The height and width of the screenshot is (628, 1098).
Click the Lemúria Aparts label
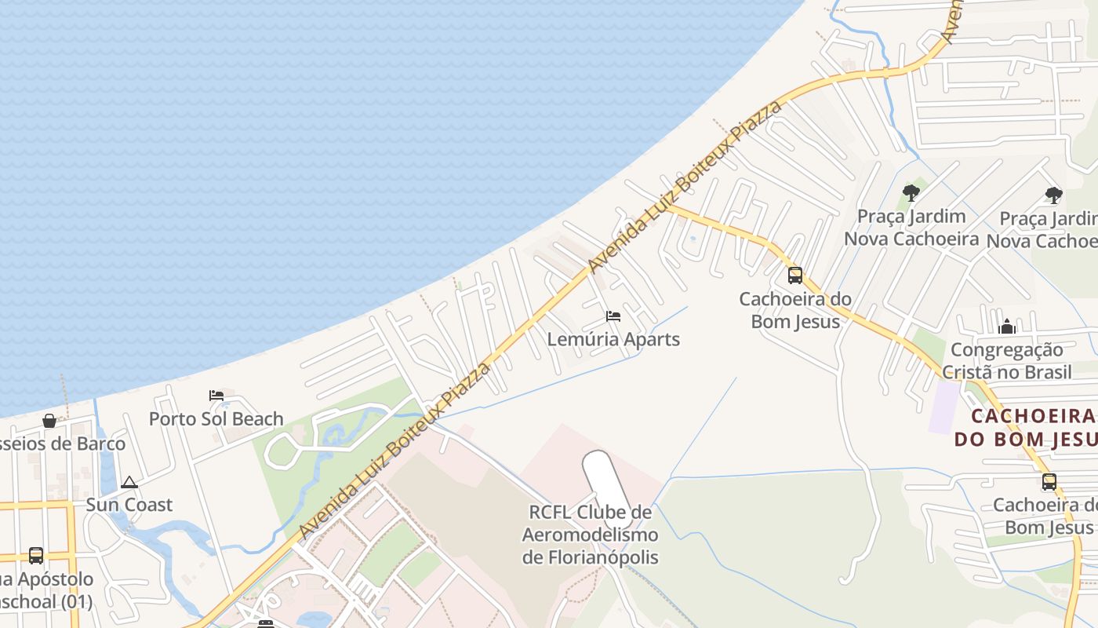[x=613, y=339]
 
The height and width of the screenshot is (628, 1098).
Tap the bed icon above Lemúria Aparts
[x=613, y=316]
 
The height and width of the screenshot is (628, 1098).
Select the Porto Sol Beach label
[x=216, y=418]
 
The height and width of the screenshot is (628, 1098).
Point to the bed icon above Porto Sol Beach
[x=216, y=396]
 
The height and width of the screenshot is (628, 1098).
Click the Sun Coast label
[x=129, y=504]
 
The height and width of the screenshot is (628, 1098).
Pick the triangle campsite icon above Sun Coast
[x=129, y=482]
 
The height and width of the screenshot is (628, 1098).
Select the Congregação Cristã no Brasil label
[x=1007, y=360]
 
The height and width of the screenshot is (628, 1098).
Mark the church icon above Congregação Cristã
[x=1007, y=327]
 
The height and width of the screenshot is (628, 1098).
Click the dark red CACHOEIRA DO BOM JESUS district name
[x=1027, y=427]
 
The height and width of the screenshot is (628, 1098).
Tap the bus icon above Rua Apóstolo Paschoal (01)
[x=36, y=556]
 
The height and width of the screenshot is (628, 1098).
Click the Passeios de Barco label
[x=63, y=444]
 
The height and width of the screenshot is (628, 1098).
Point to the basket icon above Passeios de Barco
[x=49, y=422]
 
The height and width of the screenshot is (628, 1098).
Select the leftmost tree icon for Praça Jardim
[x=911, y=192]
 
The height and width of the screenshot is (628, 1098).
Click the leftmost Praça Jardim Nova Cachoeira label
[x=911, y=227]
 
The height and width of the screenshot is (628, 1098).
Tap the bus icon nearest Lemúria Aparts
[x=795, y=276]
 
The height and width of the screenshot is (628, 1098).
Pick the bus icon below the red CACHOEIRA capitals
[x=1049, y=482]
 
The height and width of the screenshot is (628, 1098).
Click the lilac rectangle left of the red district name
[x=944, y=407]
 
